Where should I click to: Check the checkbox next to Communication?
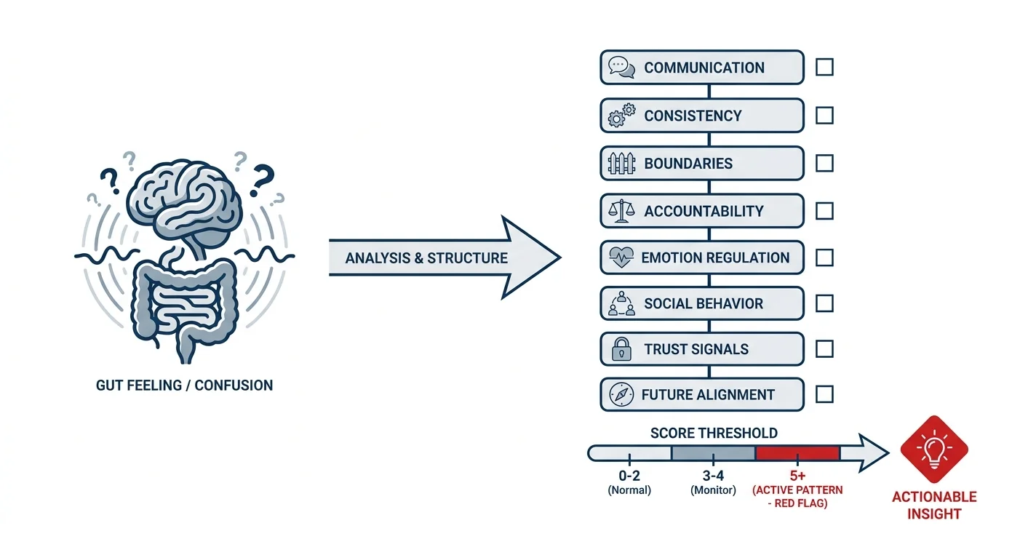pyautogui.click(x=824, y=67)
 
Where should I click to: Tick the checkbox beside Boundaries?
pyautogui.click(x=824, y=163)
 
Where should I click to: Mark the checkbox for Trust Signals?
pyautogui.click(x=824, y=348)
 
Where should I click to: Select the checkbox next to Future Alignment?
pyautogui.click(x=824, y=394)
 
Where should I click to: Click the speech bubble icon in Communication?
pyautogui.click(x=621, y=68)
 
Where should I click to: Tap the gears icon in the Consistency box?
pyautogui.click(x=621, y=115)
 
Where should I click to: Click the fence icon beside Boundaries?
pyautogui.click(x=621, y=163)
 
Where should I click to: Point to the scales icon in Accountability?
pyautogui.click(x=621, y=211)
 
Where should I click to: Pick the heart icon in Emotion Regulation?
pyautogui.click(x=621, y=257)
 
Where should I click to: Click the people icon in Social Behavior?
pyautogui.click(x=621, y=303)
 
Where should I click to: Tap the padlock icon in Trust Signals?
pyautogui.click(x=621, y=348)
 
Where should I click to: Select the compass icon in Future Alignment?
pyautogui.click(x=621, y=394)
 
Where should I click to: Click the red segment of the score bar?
pyautogui.click(x=797, y=453)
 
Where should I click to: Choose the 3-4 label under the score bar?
pyautogui.click(x=713, y=475)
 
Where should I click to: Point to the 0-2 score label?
pyautogui.click(x=629, y=475)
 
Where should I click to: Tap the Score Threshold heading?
pyautogui.click(x=714, y=434)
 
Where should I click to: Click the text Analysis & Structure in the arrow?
pyautogui.click(x=426, y=258)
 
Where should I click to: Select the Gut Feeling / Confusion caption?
pyautogui.click(x=184, y=386)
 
